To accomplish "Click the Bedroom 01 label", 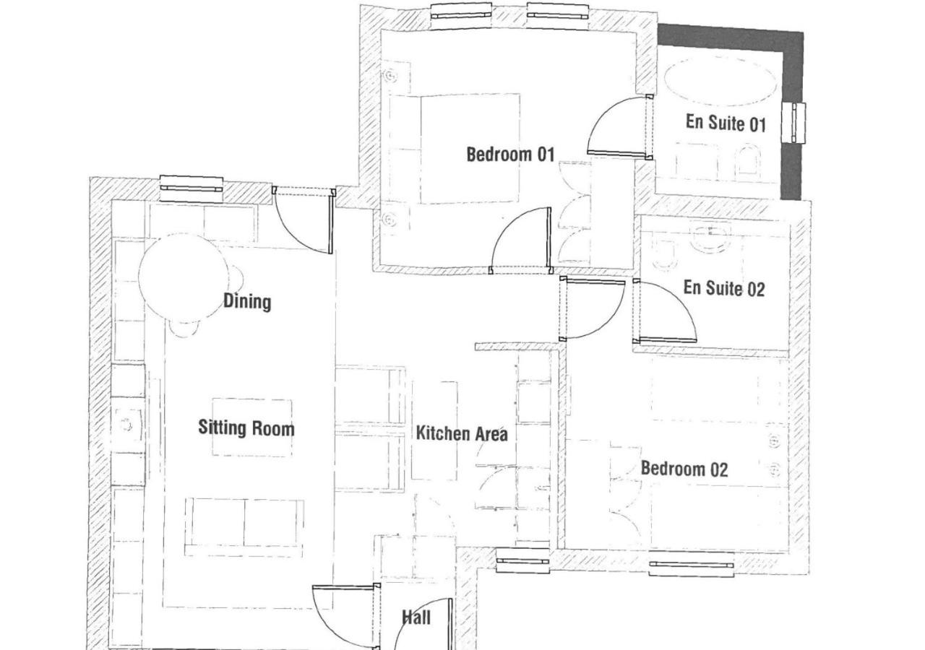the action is [510, 155].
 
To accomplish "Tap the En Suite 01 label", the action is [726, 123].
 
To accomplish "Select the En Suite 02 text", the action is [724, 288].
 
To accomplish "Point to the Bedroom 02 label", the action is [684, 469].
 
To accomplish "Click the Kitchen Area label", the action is [462, 434].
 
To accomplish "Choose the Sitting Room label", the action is [246, 428].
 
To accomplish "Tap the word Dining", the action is [247, 301].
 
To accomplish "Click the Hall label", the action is [416, 617].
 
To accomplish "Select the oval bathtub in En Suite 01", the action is [720, 81].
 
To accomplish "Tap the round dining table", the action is [184, 278].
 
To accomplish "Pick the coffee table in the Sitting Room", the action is [252, 427].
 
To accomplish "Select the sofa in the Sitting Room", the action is [244, 527].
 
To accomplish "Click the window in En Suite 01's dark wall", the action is [793, 123].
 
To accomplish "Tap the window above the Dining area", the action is [192, 188].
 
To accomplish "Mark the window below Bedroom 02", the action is [692, 564].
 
